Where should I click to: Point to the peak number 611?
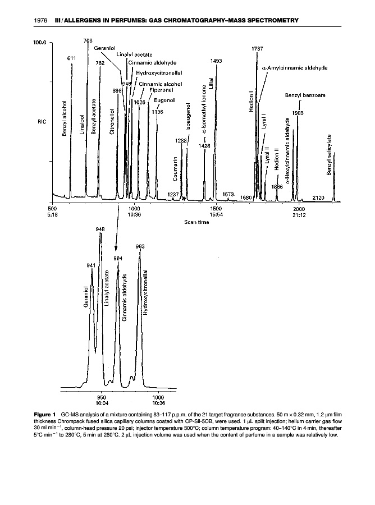[72, 58]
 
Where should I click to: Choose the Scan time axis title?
[196, 222]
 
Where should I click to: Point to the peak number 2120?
[318, 198]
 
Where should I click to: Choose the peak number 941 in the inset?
[91, 264]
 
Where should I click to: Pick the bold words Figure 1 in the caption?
[47, 415]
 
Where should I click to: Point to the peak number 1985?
[298, 113]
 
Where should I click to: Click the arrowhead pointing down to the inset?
[116, 249]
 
